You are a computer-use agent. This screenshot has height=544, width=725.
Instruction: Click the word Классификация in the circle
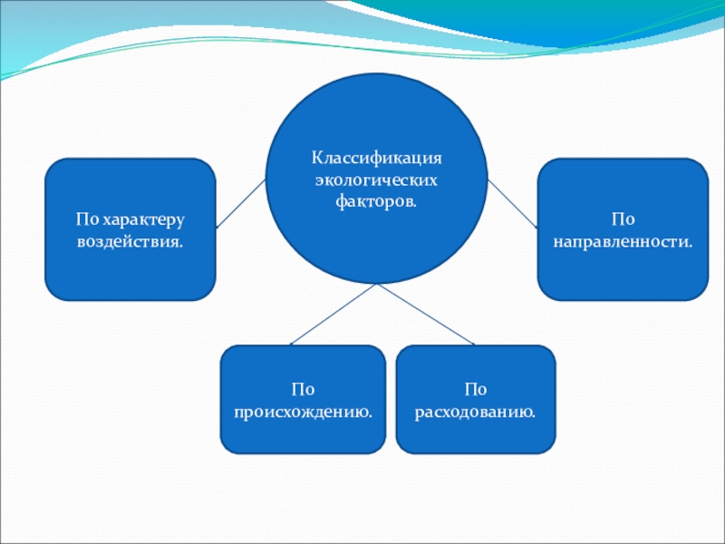376,156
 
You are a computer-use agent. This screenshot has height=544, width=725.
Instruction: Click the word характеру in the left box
142,220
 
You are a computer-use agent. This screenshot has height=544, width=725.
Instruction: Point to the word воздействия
130,242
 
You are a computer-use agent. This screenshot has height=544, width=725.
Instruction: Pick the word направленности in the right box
623,242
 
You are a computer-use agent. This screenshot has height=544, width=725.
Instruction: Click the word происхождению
304,413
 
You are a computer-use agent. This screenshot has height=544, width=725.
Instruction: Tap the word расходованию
476,413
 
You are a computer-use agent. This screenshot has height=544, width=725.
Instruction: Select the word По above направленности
623,220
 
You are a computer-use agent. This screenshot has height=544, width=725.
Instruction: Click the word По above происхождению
303,390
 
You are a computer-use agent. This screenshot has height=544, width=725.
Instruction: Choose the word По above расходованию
476,390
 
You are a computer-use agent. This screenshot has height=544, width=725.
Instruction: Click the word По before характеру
87,220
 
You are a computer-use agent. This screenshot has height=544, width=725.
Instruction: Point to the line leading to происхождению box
333,314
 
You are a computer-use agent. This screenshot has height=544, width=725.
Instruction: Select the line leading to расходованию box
426,314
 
